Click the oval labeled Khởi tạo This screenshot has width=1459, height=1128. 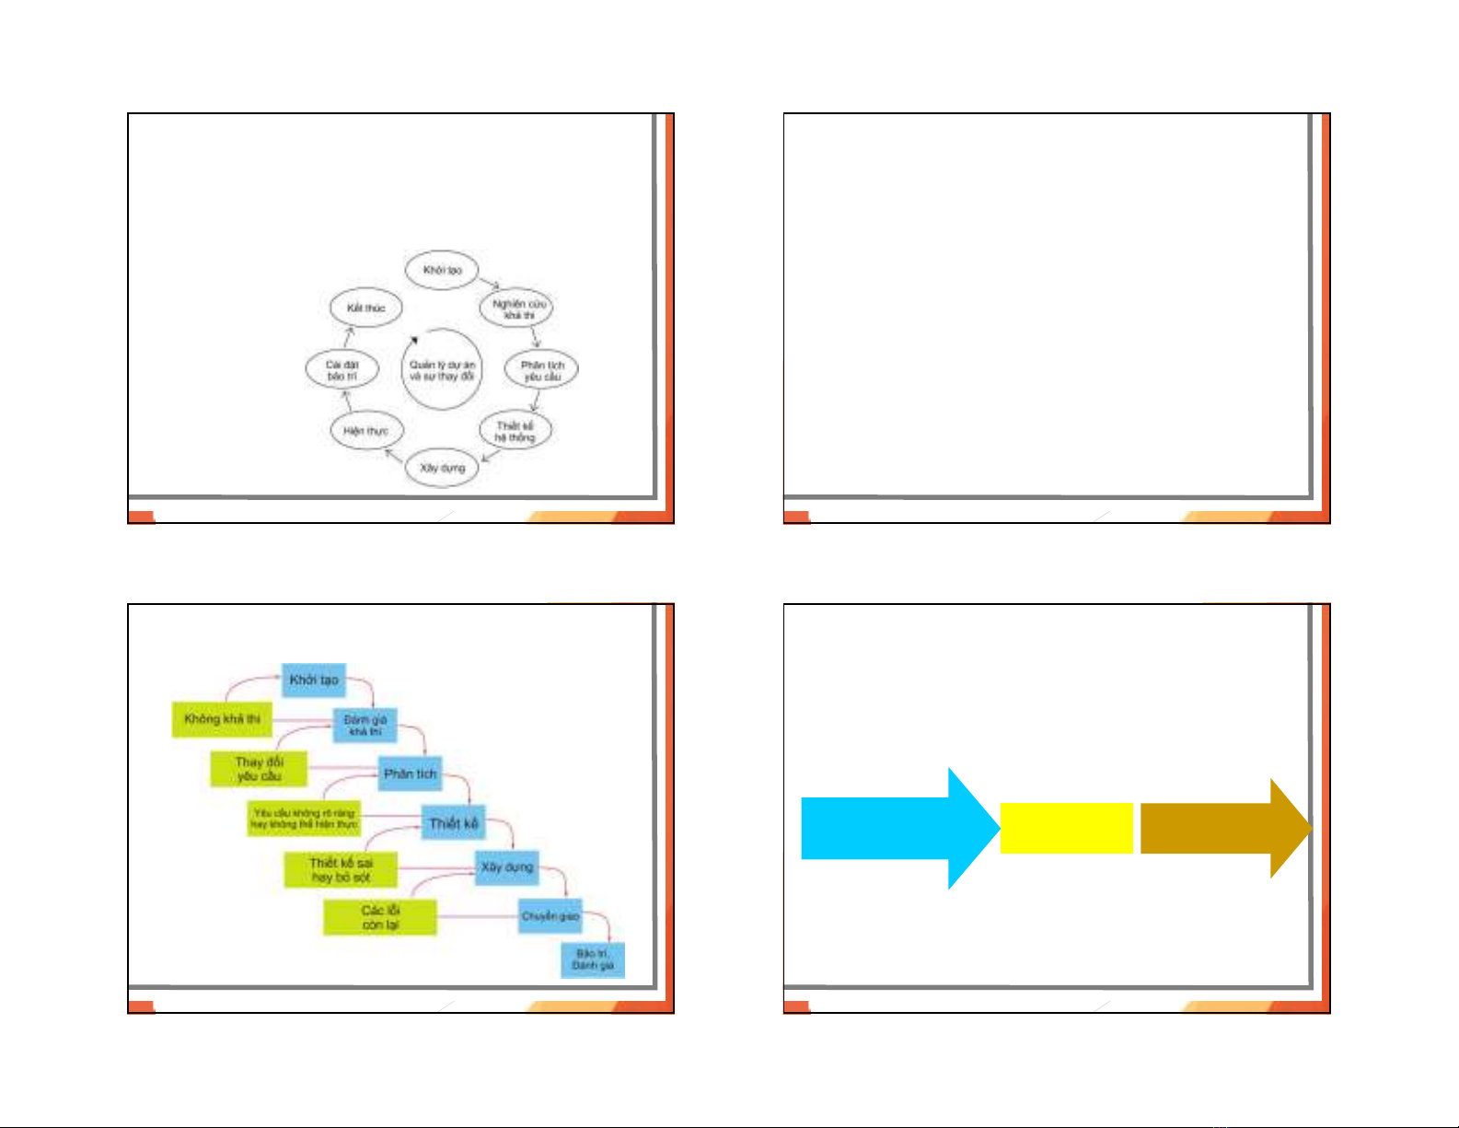442,270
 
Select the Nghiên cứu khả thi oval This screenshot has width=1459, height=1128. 517,308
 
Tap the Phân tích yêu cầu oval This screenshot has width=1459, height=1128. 541,370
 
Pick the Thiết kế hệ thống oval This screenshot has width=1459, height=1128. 515,431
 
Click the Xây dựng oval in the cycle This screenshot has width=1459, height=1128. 443,468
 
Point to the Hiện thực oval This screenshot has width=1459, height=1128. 366,431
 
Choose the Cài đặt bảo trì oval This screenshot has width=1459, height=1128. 342,370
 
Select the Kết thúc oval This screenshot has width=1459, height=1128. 365,308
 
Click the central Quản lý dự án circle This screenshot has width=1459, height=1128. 442,370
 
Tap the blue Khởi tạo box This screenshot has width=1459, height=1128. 314,680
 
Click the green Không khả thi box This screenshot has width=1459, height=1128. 222,718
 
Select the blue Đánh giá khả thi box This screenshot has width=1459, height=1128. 365,725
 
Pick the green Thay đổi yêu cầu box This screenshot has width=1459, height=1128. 259,769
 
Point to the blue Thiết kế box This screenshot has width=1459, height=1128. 454,823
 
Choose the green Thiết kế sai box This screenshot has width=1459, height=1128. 341,869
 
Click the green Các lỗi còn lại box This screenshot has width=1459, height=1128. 379,917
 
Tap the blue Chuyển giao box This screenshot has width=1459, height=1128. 550,916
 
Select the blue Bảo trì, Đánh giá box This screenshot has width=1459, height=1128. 593,959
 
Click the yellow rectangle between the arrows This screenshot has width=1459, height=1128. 1066,828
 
